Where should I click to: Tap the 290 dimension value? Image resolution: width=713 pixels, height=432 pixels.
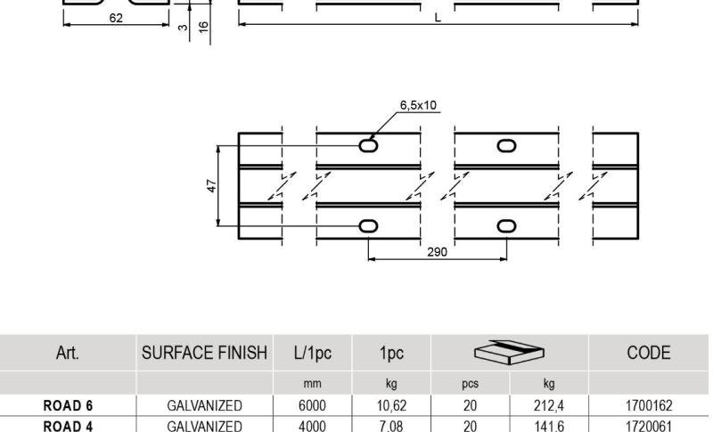click(x=437, y=252)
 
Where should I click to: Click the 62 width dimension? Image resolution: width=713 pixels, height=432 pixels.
click(x=117, y=16)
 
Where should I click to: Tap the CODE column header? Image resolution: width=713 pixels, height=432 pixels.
click(x=648, y=353)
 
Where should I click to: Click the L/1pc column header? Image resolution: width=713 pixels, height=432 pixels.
click(x=313, y=353)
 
